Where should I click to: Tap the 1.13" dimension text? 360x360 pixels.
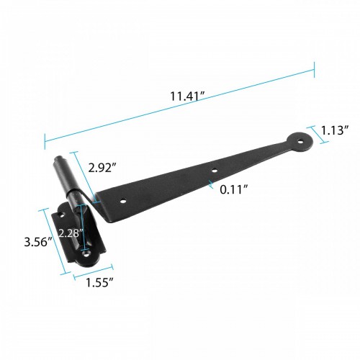coord(336,130)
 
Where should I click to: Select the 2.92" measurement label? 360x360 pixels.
coord(104,167)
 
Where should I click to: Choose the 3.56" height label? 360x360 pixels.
coord(35,241)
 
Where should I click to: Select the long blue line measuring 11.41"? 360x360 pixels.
coord(180,104)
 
